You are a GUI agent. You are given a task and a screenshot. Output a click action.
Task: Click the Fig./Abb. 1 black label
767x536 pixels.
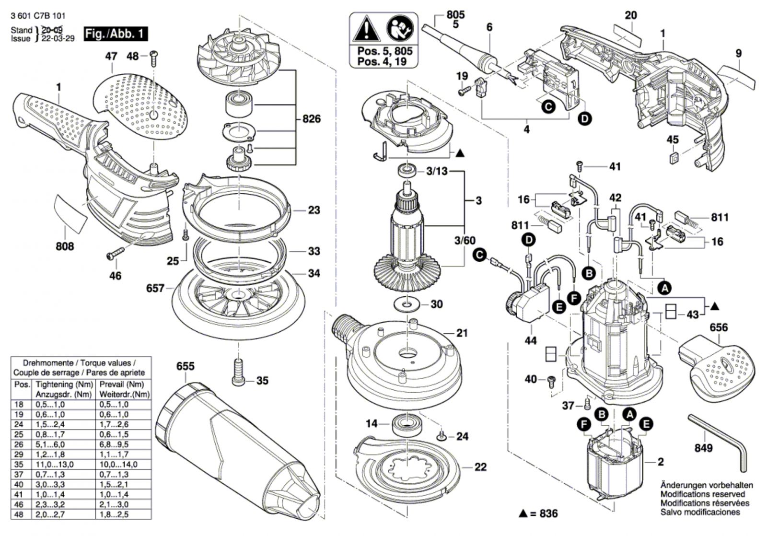pyautogui.click(x=115, y=34)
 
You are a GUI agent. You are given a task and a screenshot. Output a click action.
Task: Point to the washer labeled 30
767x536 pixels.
pyautogui.click(x=408, y=304)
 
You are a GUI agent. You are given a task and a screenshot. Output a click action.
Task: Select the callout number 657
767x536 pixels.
pyautogui.click(x=155, y=289)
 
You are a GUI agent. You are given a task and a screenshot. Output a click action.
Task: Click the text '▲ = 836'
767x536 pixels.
pyautogui.click(x=538, y=513)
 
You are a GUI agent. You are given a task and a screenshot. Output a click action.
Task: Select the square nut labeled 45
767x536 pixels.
pyautogui.click(x=674, y=157)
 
